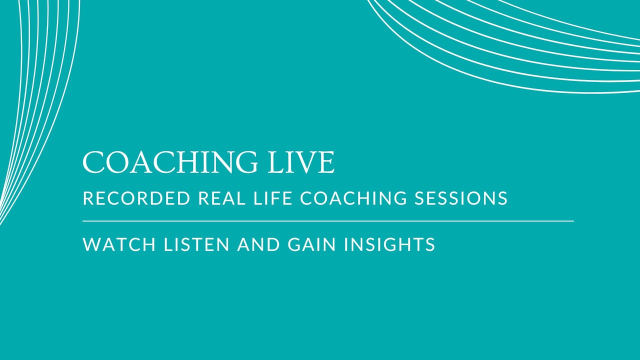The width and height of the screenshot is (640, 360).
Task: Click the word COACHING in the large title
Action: pos(170,162)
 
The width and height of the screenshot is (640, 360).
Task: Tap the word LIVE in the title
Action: pos(301,162)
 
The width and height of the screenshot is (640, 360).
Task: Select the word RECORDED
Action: pos(136,198)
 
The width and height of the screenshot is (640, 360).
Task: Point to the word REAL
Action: pos(222,198)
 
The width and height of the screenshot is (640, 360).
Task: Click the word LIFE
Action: pos(273,198)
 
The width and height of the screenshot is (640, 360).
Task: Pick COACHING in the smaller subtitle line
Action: pos(353,198)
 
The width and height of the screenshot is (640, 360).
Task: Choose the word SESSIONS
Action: pos(461,198)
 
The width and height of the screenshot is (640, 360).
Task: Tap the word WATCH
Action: pos(119,244)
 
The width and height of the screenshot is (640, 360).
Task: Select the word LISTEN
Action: pos(197,244)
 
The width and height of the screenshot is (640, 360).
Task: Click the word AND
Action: pos(258,244)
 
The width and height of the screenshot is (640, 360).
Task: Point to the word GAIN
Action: pos(311,244)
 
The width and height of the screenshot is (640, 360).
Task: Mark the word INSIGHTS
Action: pos(389,244)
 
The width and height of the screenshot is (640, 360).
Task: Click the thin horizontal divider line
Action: pos(328,221)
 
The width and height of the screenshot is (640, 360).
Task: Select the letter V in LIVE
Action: pos(307,162)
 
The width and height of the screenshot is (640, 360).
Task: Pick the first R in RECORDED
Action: pos(88,198)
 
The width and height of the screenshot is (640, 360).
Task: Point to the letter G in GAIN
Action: pos(294,244)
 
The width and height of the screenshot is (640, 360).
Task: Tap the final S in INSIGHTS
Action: pos(430,244)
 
